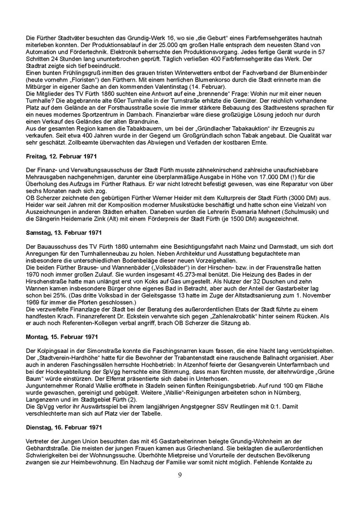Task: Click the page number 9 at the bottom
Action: click(179, 475)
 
